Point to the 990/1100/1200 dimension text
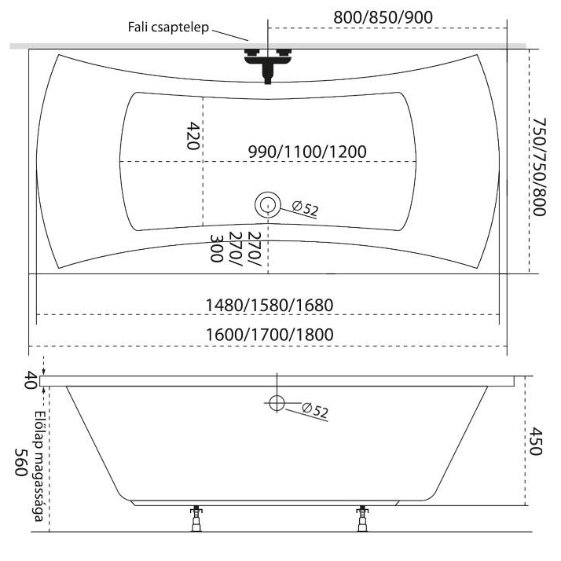pyautogui.click(x=307, y=152)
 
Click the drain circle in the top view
pyautogui.click(x=268, y=205)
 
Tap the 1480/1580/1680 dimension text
pyautogui.click(x=269, y=304)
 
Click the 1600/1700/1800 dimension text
pyautogui.click(x=269, y=335)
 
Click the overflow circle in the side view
pyautogui.click(x=276, y=404)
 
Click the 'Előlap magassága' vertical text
pyautogui.click(x=38, y=459)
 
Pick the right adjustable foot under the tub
pyautogui.click(x=362, y=518)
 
